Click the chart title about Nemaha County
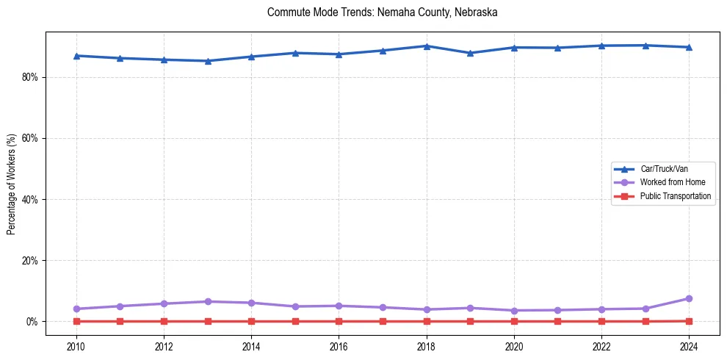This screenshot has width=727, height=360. point(383,12)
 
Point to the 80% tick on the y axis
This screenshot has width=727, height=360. point(30,77)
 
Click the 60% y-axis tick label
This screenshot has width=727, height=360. point(30,138)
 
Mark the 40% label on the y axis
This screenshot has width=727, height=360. point(30,199)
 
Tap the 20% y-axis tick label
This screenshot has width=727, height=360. point(30,261)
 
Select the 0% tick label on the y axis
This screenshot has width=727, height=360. point(32,322)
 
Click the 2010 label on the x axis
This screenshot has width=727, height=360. point(76,346)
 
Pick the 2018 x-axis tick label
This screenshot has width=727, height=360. point(427,346)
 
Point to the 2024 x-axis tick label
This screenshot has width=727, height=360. point(689,346)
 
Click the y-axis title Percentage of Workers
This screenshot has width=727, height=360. point(12,184)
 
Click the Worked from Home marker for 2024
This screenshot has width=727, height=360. point(689,298)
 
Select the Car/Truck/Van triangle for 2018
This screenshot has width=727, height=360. point(427,46)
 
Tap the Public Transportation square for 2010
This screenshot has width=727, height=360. point(76,321)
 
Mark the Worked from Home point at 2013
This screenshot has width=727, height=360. point(208,301)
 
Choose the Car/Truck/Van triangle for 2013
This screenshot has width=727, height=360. point(208,61)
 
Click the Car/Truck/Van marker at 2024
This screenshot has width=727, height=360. point(689,47)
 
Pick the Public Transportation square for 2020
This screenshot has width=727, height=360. point(514,321)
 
